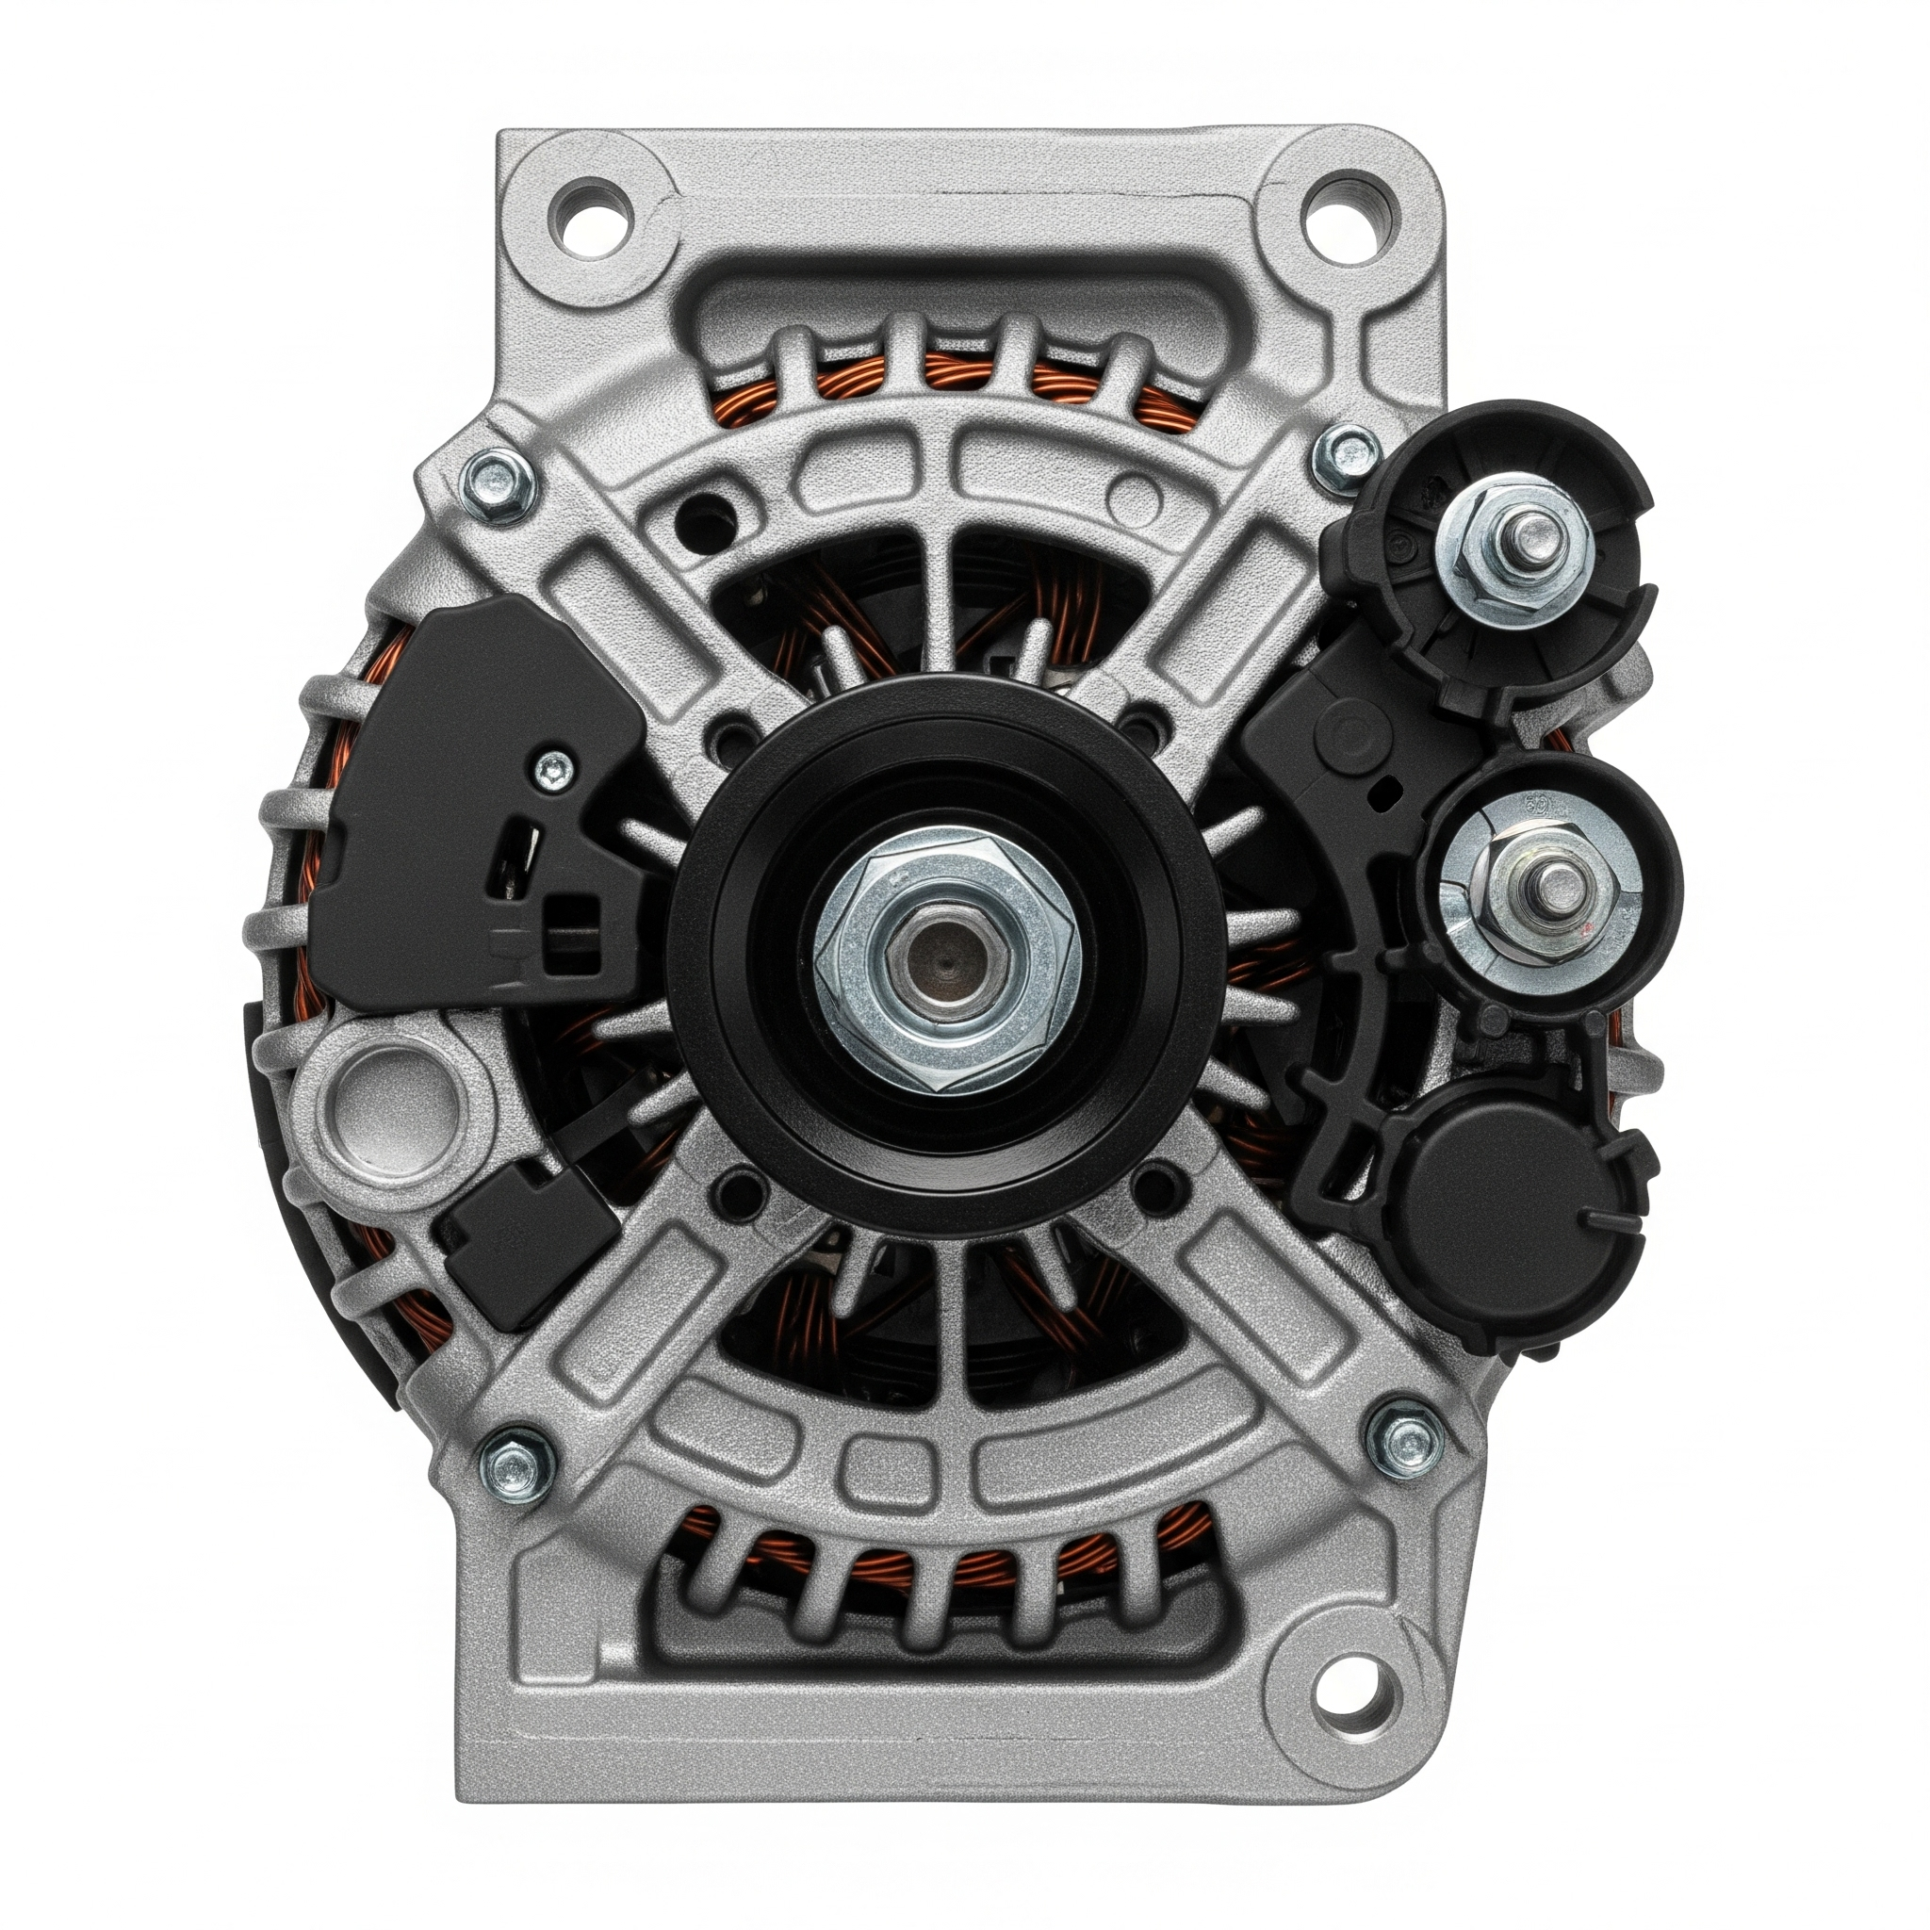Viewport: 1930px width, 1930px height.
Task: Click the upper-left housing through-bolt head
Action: [497, 485]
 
